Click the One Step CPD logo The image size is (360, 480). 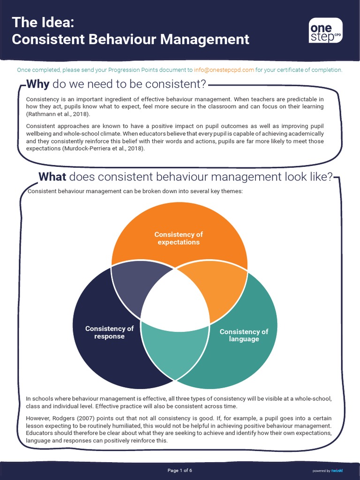tap(325, 30)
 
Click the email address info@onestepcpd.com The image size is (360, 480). tap(224, 70)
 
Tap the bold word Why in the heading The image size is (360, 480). tap(38, 84)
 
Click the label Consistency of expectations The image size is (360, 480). tap(179, 238)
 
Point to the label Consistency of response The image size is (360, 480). tap(109, 332)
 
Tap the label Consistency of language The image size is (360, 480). tap(244, 335)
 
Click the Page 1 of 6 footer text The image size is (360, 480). tap(180, 470)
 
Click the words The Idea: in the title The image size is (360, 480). tap(43, 22)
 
